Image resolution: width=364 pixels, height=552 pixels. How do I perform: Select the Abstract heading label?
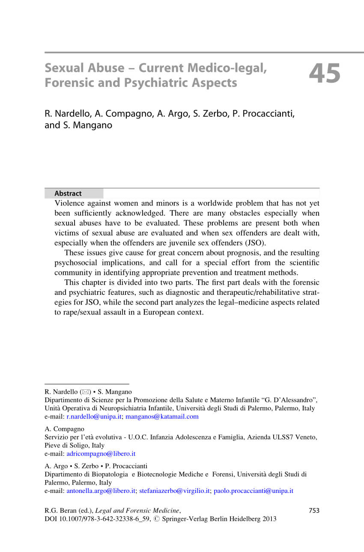pyautogui.click(x=68, y=193)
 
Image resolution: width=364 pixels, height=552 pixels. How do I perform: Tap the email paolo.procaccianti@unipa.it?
pyautogui.click(x=254, y=491)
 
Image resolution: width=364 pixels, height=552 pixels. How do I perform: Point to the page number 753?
pyautogui.click(x=314, y=510)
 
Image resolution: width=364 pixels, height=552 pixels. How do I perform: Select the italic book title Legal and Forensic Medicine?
pyautogui.click(x=137, y=510)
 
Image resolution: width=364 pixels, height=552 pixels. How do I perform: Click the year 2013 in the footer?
pyautogui.click(x=269, y=519)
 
